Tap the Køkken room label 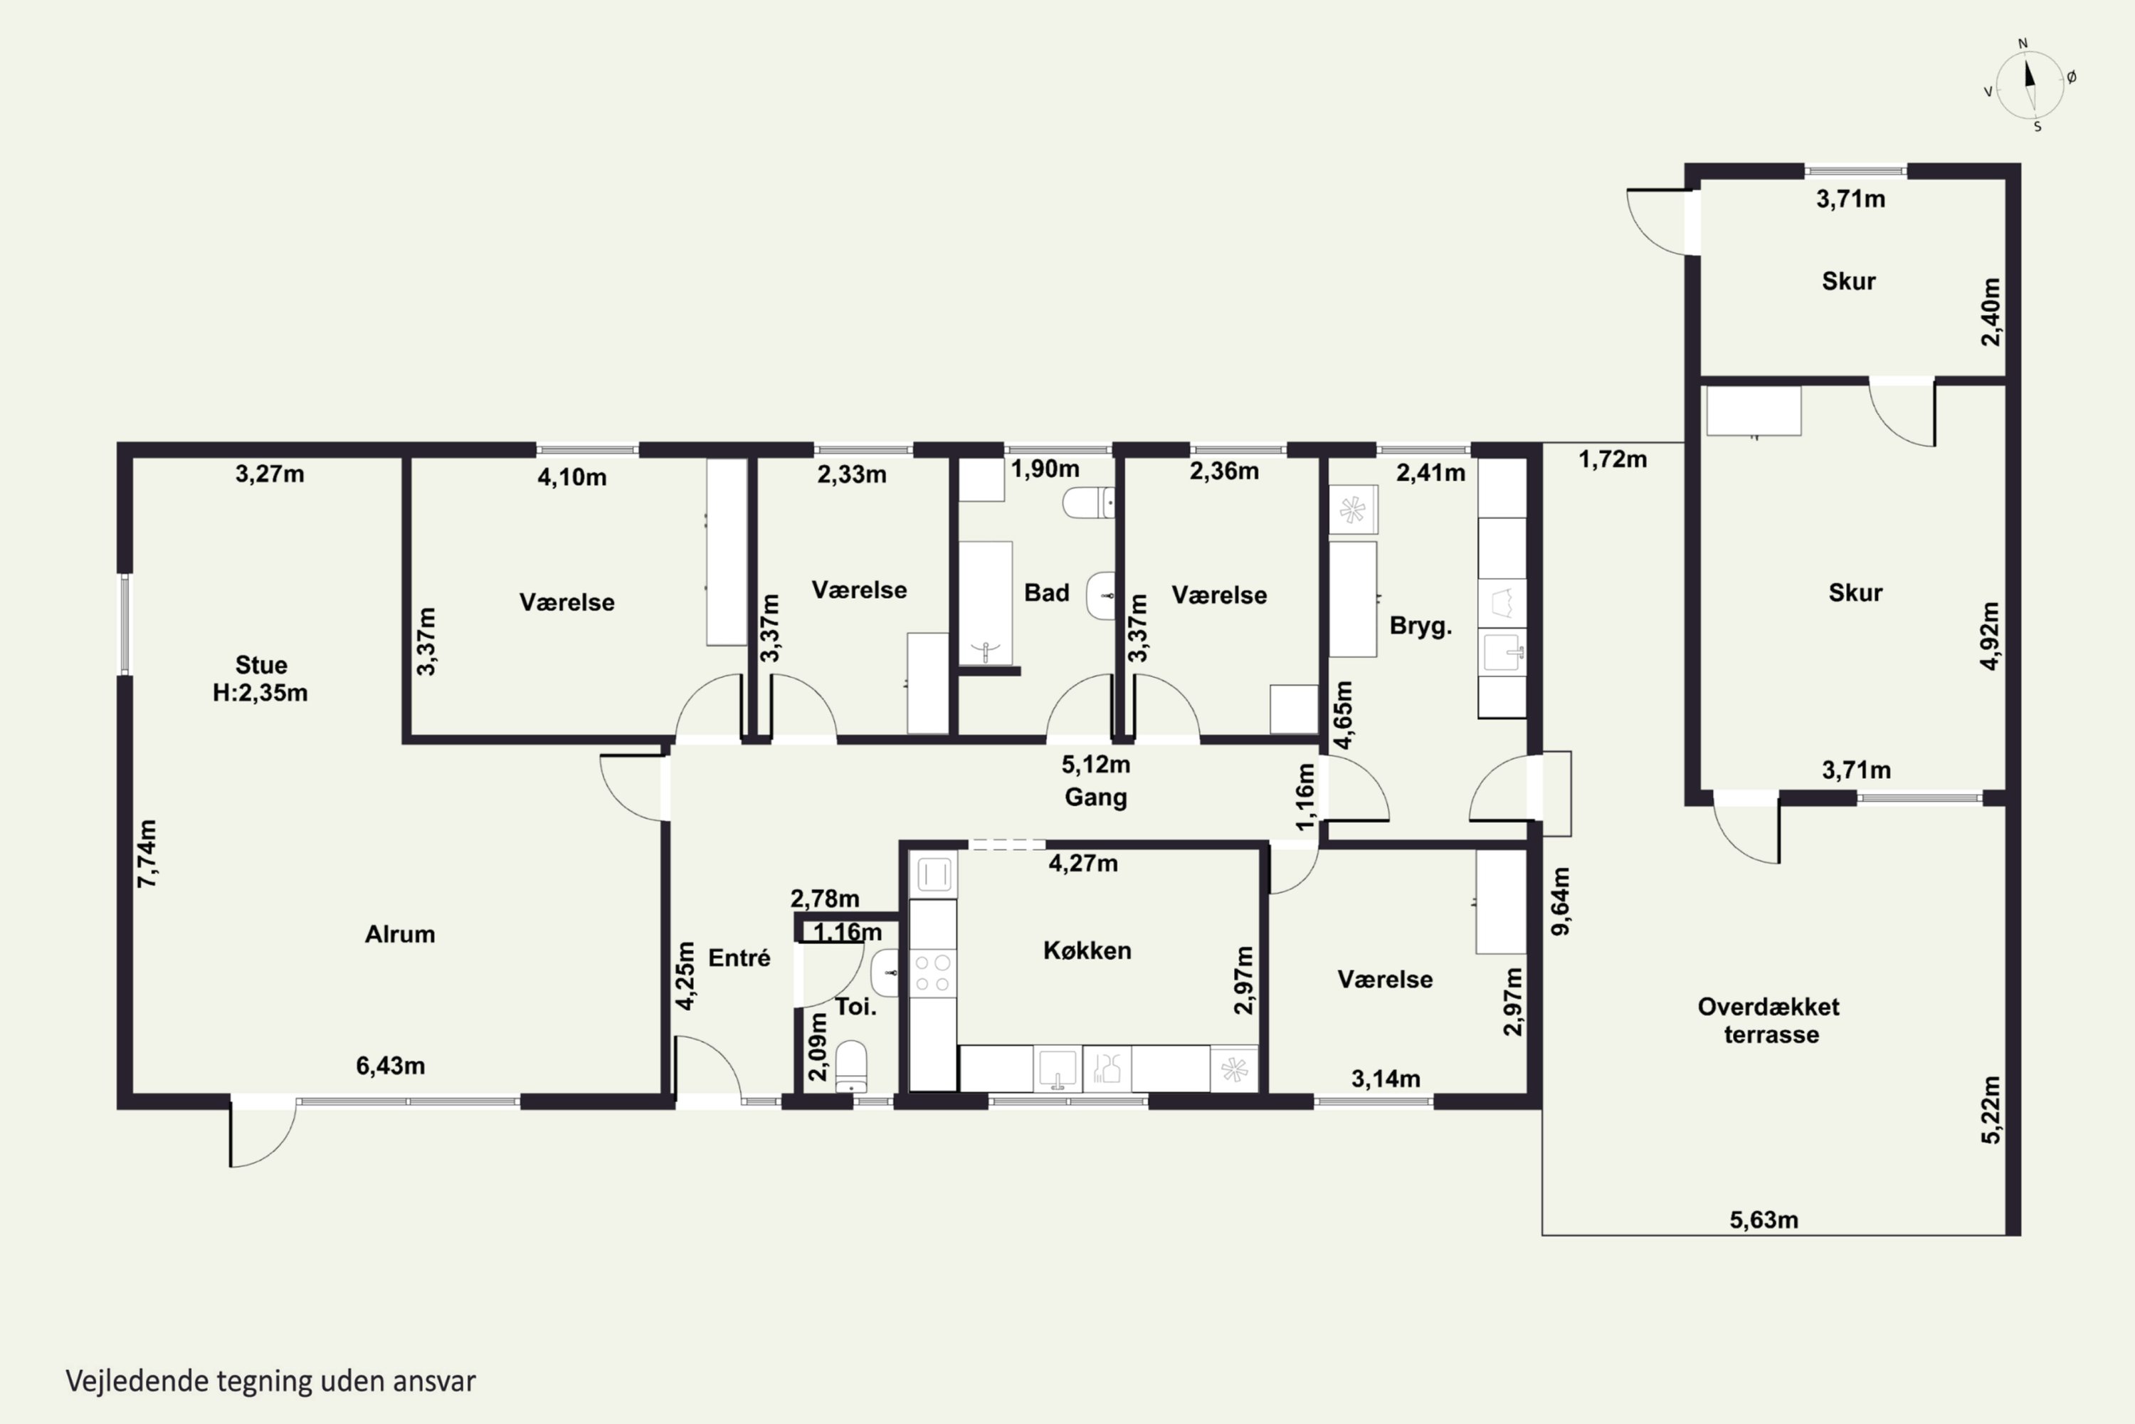tap(1087, 951)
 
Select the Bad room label tap(1047, 593)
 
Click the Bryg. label tap(1420, 626)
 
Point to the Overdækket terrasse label tap(1769, 1020)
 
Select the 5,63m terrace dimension tap(1764, 1220)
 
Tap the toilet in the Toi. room tap(850, 1066)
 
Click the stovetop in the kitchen tap(932, 973)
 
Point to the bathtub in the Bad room tap(986, 604)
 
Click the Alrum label tap(399, 934)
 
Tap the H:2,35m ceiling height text tap(260, 693)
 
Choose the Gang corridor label tap(1096, 797)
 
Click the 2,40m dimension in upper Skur tap(1990, 312)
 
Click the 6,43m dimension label tap(390, 1065)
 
